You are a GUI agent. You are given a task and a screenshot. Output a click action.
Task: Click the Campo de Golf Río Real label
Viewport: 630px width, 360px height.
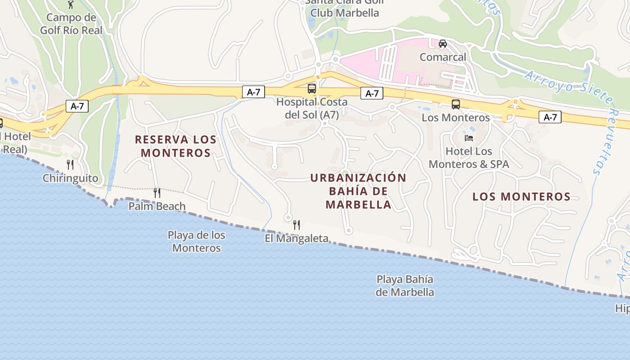click(71, 24)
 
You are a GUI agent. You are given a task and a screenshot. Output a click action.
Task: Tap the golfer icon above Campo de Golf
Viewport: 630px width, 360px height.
click(71, 4)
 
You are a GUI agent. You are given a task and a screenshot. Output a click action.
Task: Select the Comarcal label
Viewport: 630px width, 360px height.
click(443, 57)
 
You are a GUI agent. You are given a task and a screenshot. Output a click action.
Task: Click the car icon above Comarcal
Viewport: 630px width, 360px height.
click(443, 44)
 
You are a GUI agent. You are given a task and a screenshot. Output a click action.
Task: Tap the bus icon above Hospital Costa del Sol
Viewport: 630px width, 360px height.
click(312, 88)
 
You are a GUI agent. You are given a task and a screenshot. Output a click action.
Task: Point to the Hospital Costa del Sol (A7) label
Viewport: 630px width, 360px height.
click(312, 108)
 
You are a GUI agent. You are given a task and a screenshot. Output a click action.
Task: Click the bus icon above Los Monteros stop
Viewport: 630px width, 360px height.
click(456, 104)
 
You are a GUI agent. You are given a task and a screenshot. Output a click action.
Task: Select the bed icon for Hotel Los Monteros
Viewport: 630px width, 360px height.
click(469, 138)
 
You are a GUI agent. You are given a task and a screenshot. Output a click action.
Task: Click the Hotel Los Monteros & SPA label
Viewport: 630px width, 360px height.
click(469, 157)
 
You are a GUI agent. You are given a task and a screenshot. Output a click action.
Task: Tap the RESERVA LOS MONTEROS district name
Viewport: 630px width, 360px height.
click(176, 146)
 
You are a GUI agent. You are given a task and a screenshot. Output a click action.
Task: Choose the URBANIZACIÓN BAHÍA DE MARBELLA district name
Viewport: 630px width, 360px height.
click(358, 191)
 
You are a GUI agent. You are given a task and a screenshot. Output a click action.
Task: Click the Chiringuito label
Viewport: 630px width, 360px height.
click(70, 178)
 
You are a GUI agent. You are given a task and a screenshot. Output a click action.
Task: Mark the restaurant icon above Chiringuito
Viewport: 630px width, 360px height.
click(70, 164)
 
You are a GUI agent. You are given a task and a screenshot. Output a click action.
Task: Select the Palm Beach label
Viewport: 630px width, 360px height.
click(157, 207)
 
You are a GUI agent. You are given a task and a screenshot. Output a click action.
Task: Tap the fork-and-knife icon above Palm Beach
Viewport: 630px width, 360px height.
click(157, 193)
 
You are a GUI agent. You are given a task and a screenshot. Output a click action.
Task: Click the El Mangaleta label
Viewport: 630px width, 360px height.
click(297, 238)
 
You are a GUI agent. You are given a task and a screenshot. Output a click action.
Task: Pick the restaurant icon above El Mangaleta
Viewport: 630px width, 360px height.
click(297, 225)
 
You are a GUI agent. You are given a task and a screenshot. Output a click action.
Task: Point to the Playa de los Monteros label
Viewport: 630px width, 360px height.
click(197, 241)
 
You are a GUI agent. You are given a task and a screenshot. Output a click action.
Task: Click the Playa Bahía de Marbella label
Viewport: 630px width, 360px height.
click(405, 286)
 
